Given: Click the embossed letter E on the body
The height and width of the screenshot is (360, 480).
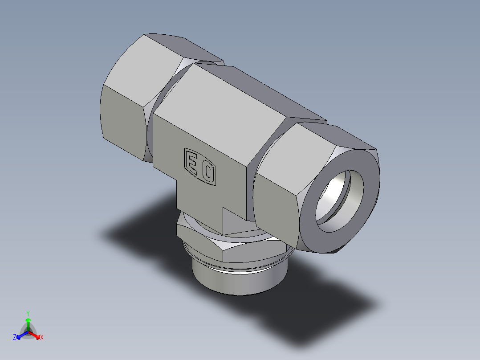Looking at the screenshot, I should (192, 163).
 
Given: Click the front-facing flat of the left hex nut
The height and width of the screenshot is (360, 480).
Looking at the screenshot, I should (122, 116).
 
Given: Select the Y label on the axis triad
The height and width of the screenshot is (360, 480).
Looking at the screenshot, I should (28, 313).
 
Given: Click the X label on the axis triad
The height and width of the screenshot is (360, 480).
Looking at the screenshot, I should (42, 338).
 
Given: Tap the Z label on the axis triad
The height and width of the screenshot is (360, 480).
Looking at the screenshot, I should (15, 337).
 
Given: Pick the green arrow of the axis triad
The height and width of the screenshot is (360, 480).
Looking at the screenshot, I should (28, 323).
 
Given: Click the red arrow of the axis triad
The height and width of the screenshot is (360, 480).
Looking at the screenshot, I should (35, 335).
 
